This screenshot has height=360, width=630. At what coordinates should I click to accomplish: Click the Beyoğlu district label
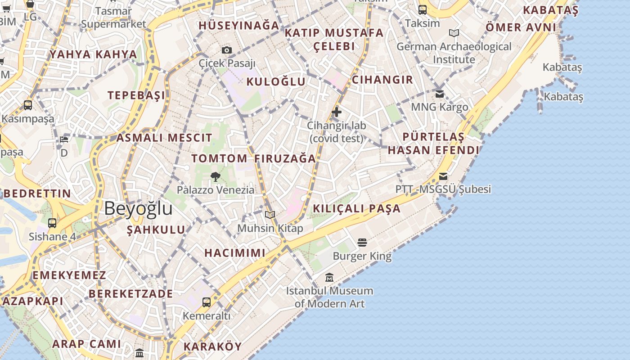tap(138, 209)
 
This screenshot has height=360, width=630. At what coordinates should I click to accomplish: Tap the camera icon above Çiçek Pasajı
tap(227, 50)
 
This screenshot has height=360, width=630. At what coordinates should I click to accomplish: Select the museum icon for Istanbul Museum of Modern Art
tap(329, 278)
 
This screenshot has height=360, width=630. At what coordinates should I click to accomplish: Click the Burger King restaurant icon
tap(362, 243)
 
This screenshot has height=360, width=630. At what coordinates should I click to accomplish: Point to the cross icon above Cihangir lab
tap(337, 112)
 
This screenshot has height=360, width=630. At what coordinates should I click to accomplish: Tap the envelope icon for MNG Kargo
tap(440, 94)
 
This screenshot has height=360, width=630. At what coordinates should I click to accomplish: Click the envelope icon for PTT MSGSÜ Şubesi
tap(443, 176)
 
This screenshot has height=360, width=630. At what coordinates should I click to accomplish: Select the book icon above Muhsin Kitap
tap(270, 215)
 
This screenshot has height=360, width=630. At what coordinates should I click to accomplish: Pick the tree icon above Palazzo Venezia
tap(216, 176)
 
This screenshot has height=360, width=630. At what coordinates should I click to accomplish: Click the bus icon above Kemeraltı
tap(207, 302)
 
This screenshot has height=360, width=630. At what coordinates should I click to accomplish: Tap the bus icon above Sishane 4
tap(52, 223)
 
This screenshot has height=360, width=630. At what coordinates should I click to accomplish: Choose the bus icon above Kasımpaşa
tap(28, 105)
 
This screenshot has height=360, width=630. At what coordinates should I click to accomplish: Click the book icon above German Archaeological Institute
tap(454, 33)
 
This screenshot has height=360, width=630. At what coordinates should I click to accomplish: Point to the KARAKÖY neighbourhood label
tap(212, 346)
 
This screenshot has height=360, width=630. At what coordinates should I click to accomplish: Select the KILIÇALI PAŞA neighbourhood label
tap(356, 208)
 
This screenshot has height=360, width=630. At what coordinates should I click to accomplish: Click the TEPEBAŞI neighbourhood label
tap(136, 95)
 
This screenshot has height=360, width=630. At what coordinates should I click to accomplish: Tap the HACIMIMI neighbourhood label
tap(235, 252)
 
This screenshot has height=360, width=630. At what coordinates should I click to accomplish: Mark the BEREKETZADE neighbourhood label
tap(130, 293)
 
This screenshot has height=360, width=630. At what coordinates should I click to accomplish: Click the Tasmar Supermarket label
tap(114, 18)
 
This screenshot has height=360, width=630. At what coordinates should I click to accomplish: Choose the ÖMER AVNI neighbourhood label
tap(521, 27)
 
